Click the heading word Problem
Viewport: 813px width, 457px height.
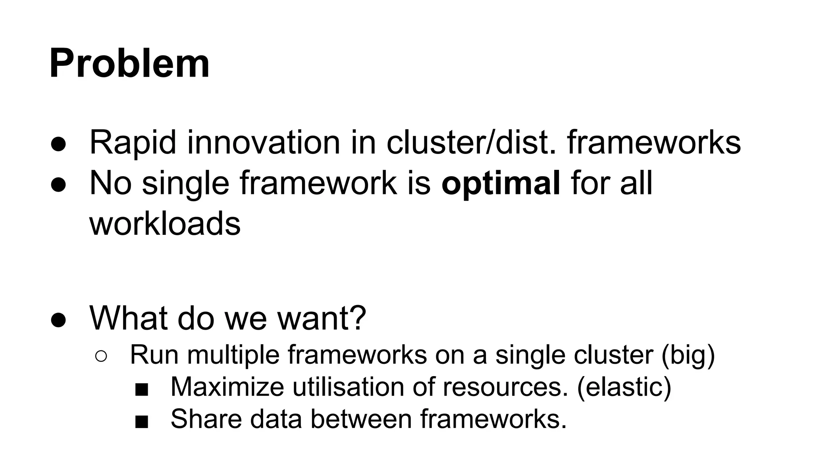[129, 64]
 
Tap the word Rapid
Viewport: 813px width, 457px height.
[133, 142]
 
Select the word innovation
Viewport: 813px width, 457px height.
[264, 142]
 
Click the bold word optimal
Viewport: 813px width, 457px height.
[501, 184]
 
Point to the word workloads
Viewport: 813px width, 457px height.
[165, 223]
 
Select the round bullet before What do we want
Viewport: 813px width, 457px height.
[58, 320]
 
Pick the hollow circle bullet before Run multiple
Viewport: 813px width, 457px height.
[101, 356]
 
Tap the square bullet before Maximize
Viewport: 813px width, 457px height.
[142, 390]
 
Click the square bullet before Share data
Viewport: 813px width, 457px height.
[142, 422]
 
